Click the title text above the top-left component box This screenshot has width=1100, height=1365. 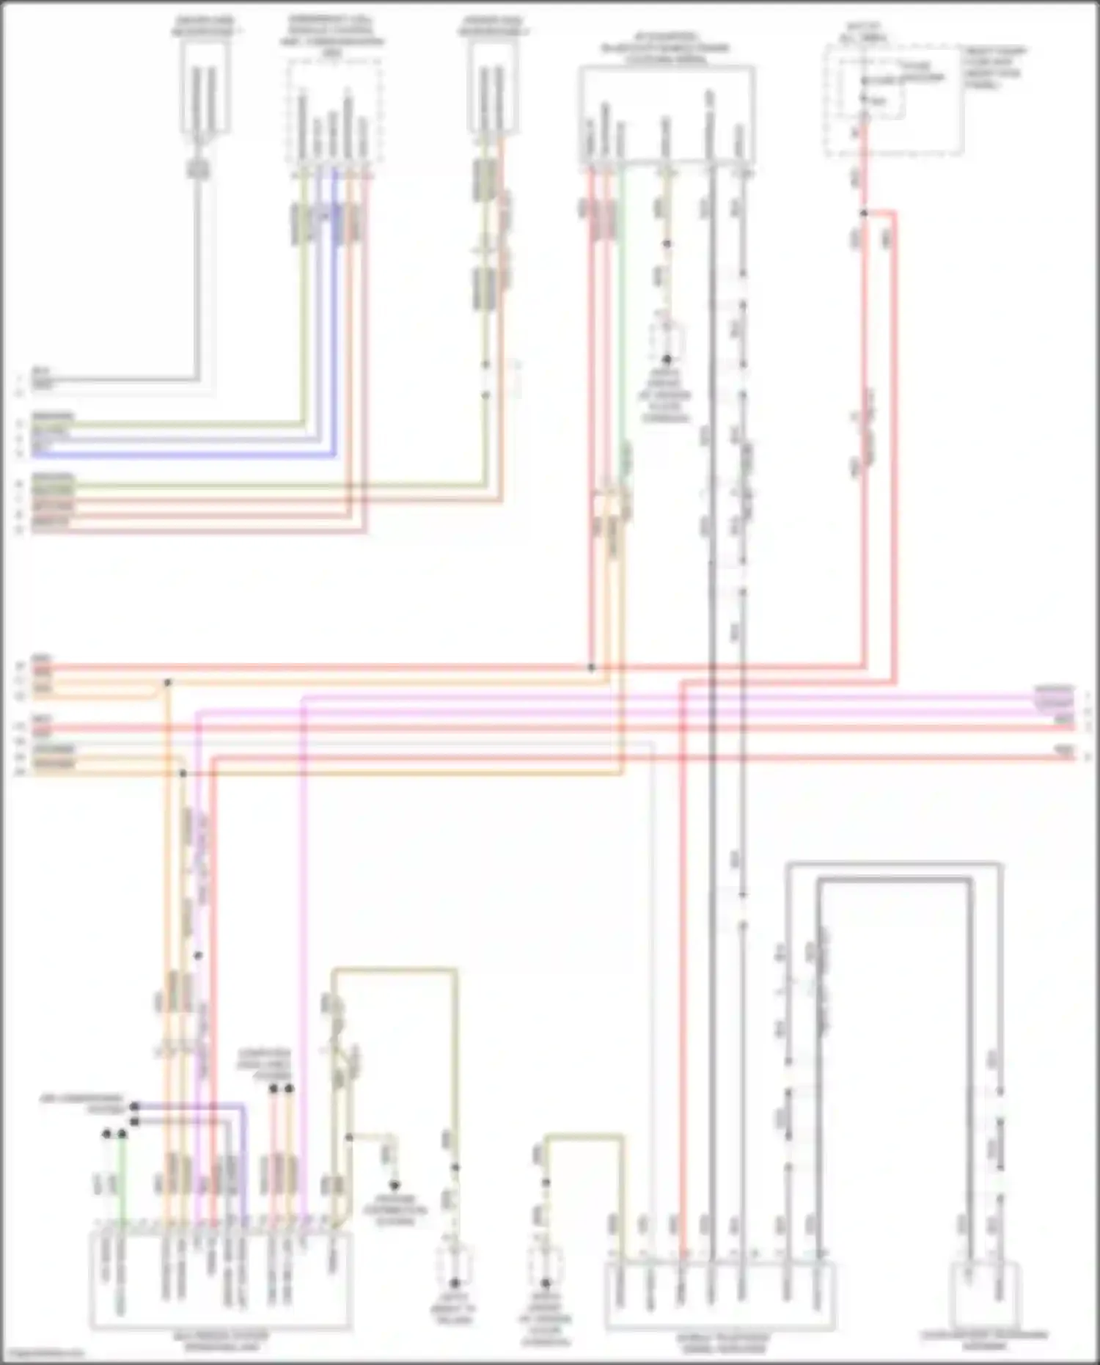click(x=203, y=27)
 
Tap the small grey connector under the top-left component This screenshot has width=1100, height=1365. click(x=199, y=169)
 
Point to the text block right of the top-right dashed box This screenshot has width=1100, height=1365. click(x=995, y=67)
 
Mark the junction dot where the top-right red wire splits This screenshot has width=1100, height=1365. click(x=864, y=213)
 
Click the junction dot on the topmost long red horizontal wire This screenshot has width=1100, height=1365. click(x=591, y=668)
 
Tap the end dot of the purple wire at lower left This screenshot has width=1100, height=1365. click(x=134, y=1105)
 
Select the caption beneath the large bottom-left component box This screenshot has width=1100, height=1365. click(x=221, y=1341)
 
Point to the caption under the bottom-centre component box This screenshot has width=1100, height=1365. click(x=722, y=1343)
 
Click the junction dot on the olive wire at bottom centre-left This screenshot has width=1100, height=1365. click(x=349, y=1137)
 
